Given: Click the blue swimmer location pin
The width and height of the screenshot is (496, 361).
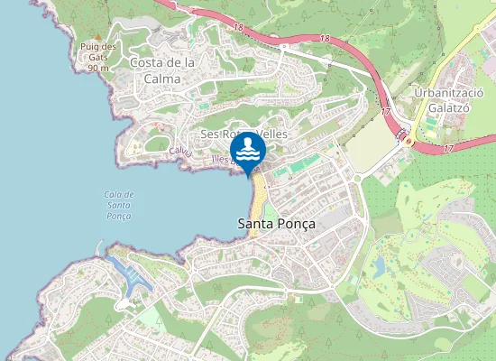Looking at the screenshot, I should tap(248, 150).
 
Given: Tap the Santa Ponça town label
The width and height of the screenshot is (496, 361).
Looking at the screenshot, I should tap(271, 223).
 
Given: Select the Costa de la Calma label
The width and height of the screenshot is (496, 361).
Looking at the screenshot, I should tap(162, 70).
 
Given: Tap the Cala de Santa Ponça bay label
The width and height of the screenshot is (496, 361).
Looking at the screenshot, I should tap(119, 205).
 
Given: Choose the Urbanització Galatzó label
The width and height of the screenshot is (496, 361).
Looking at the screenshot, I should tap(449, 101).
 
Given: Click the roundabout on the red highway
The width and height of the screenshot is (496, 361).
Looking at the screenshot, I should tap(407, 141).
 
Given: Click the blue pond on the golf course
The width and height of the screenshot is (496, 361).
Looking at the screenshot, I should tap(380, 266).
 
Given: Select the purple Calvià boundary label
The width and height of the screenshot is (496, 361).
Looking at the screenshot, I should tap(180, 153).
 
